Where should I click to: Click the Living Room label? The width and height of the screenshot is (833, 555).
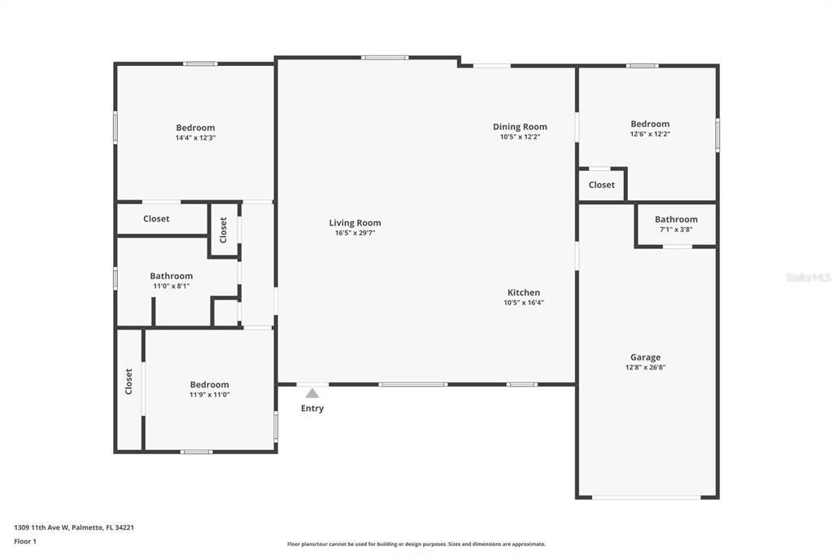(355, 223)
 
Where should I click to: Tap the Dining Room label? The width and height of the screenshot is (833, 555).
(520, 126)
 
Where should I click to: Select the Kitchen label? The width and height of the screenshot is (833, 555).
(523, 292)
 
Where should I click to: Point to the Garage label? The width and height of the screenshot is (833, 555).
(645, 356)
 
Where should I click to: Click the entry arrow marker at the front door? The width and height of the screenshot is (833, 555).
(312, 393)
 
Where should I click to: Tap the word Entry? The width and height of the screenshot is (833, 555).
(312, 409)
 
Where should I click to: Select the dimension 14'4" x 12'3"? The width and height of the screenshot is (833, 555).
(195, 138)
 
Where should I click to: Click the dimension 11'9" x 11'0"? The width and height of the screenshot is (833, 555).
(209, 395)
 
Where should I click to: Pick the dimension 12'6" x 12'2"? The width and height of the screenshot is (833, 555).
(650, 134)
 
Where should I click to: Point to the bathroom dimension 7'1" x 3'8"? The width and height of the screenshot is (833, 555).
(676, 229)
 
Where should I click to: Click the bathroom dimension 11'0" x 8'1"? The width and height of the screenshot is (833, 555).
(171, 286)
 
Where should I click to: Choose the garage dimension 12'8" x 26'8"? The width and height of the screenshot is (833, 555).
(645, 367)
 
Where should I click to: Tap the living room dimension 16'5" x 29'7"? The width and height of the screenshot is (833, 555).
(355, 233)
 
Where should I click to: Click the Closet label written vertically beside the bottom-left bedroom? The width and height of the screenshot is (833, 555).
(129, 382)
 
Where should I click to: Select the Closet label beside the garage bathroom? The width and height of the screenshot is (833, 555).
(602, 185)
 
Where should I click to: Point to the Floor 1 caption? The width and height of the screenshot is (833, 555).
(25, 541)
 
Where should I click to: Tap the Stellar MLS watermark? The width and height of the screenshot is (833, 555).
(808, 277)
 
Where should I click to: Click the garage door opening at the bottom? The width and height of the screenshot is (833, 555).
(646, 497)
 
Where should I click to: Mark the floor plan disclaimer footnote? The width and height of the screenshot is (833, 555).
(416, 544)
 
